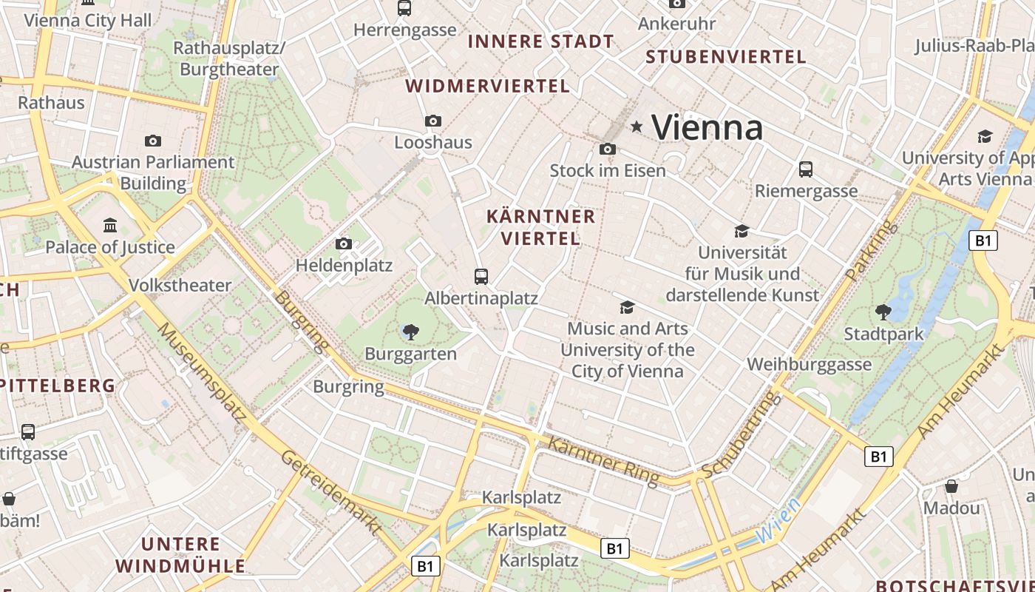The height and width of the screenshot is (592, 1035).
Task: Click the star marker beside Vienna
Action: click(636, 127)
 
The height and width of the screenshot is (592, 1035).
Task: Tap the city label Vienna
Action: click(707, 127)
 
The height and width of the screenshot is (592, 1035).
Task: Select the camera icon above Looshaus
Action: click(433, 121)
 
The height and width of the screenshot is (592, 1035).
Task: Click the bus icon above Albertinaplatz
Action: click(481, 277)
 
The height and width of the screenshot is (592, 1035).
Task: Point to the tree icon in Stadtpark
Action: click(883, 312)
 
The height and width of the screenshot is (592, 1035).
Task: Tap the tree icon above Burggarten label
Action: click(410, 332)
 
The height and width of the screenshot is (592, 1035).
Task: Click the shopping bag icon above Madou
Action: click(951, 486)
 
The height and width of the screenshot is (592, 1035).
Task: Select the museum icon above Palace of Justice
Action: click(110, 224)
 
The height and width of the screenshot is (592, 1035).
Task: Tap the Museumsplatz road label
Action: click(202, 375)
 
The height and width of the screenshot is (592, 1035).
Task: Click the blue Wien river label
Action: click(778, 521)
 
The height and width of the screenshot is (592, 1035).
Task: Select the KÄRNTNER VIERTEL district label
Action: click(540, 227)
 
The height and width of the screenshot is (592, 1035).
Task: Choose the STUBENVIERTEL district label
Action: click(725, 57)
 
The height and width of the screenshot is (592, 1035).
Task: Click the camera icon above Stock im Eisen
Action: click(608, 149)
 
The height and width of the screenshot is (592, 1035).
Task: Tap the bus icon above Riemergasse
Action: click(806, 169)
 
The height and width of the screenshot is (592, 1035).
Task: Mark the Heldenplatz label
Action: click(344, 265)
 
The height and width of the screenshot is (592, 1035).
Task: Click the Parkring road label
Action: click(872, 250)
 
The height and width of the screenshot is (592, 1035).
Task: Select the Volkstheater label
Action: click(180, 285)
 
